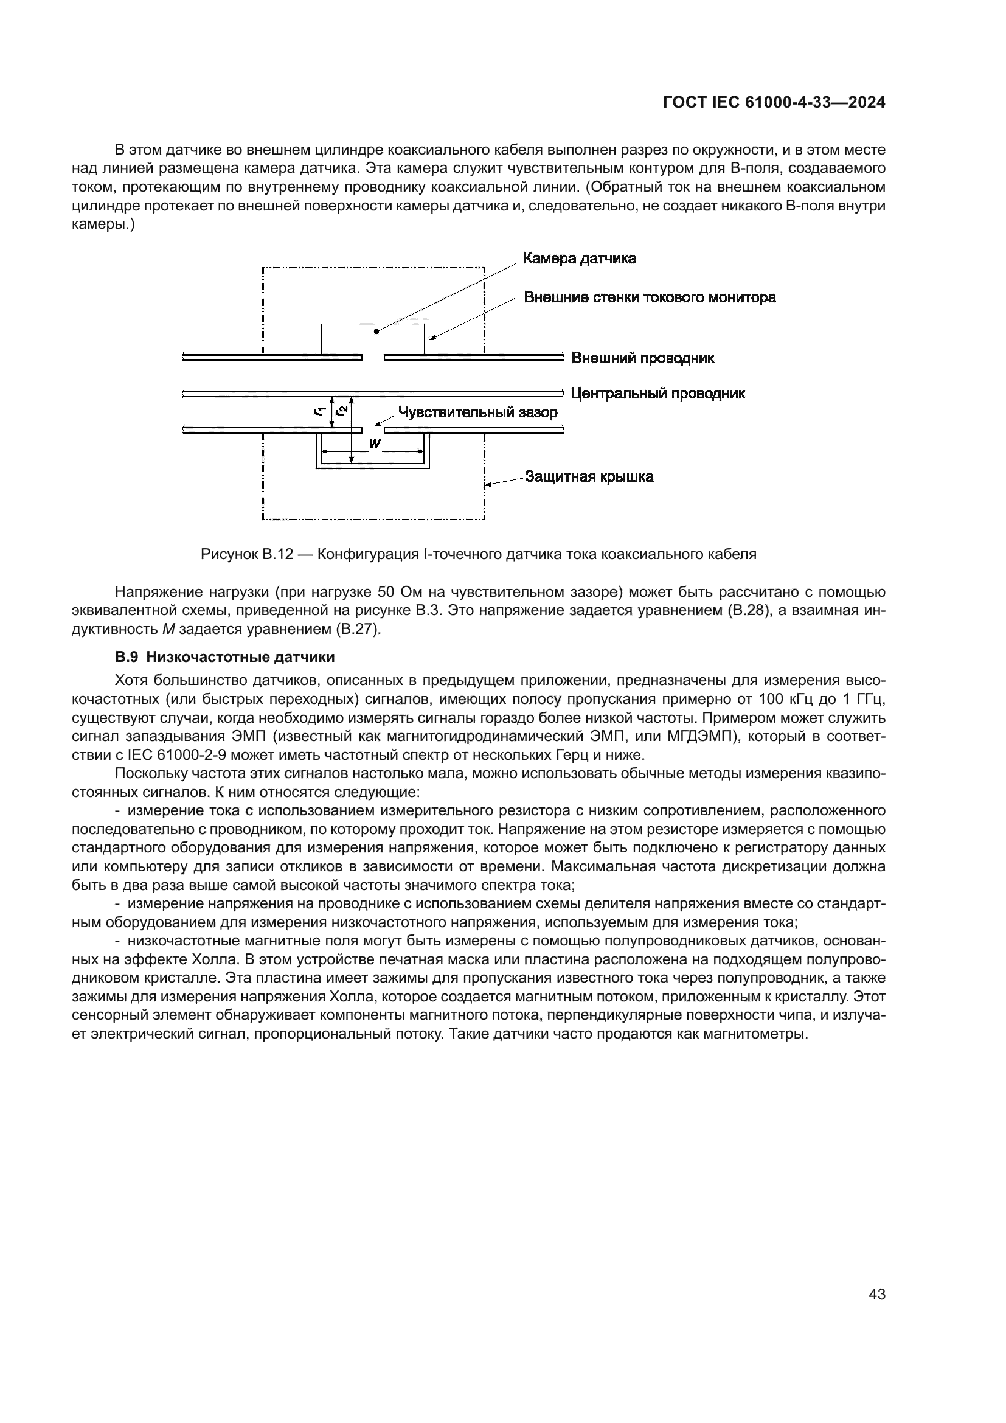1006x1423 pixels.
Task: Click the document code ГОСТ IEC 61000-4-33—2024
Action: [x=774, y=103]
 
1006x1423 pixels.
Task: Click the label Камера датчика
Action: [x=579, y=258]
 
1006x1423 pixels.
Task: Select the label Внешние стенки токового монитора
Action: [x=650, y=297]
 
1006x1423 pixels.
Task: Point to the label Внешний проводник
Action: [x=642, y=358]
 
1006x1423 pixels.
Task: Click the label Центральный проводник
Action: [x=658, y=394]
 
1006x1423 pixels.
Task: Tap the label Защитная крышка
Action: [x=589, y=476]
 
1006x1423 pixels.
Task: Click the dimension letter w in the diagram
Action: [x=374, y=443]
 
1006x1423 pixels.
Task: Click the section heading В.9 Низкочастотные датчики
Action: [x=225, y=657]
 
